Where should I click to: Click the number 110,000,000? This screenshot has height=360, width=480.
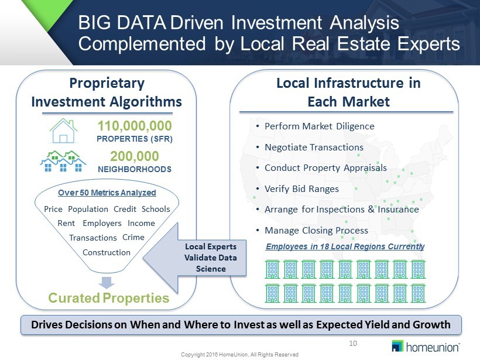[x=135, y=126]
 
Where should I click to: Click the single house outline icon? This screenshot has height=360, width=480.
[x=63, y=131]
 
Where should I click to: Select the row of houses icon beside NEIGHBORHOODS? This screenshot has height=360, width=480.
[x=63, y=161]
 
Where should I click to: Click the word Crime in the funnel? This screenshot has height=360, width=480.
[x=133, y=237]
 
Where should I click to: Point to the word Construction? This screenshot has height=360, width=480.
[x=107, y=252]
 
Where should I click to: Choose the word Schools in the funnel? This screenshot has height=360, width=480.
[x=156, y=209]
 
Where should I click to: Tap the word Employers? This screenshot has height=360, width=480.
[x=102, y=224]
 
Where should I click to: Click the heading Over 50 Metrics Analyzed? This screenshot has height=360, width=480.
[x=107, y=193]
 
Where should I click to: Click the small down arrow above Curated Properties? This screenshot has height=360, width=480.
[x=107, y=283]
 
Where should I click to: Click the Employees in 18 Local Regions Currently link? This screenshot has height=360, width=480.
[x=345, y=246]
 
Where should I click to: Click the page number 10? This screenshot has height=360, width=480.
[x=353, y=344]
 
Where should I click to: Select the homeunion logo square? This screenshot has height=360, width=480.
[x=397, y=346]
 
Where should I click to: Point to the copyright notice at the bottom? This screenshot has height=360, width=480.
[x=239, y=355]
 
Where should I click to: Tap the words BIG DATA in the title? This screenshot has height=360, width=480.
[x=122, y=23]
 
